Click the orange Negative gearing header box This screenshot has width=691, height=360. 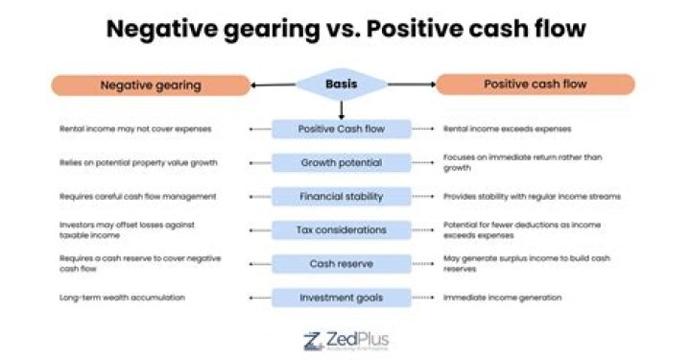(x=151, y=85)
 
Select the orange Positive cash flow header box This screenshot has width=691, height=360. (x=535, y=84)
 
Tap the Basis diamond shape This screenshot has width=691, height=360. (x=342, y=84)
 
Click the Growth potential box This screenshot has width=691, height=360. (x=342, y=162)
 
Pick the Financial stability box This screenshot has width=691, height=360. (x=342, y=196)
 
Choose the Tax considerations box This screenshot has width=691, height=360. (x=342, y=229)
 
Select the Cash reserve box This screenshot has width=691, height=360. (x=342, y=263)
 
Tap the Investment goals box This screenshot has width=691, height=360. (x=342, y=298)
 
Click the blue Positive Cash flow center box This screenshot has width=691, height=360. (x=342, y=129)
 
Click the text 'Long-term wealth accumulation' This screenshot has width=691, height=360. (x=121, y=298)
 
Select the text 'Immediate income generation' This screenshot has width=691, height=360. (x=502, y=298)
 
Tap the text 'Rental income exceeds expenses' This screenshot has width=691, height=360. (x=508, y=129)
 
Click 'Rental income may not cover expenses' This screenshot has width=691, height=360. (x=134, y=129)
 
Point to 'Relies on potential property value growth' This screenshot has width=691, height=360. (x=138, y=162)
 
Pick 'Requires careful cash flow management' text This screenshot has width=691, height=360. (x=137, y=196)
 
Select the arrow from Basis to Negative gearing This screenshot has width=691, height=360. (x=274, y=85)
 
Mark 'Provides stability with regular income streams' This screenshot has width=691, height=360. (x=532, y=196)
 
